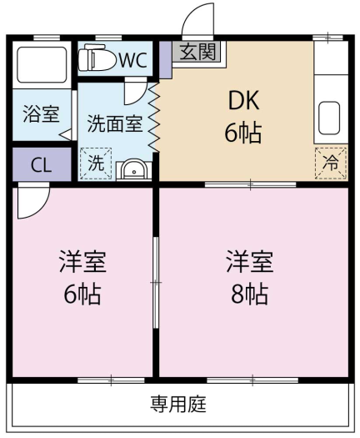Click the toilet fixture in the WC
[97, 58]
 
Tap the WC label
[133, 60]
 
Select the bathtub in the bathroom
[42, 65]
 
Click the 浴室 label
[41, 113]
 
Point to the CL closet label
[42, 165]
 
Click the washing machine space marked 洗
[96, 164]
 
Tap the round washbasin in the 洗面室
[133, 170]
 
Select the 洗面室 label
[115, 123]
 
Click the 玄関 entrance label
[197, 52]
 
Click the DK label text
[244, 101]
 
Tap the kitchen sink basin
[329, 118]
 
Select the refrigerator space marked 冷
[331, 164]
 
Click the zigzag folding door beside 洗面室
[154, 118]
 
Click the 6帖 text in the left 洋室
[82, 295]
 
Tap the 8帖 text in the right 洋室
[250, 295]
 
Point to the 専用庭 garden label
[178, 404]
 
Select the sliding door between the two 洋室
[156, 283]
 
